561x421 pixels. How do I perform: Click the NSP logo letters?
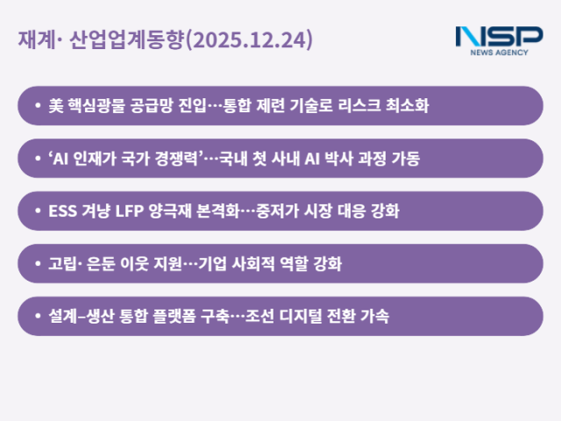point(499,36)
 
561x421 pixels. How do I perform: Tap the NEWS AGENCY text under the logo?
point(499,53)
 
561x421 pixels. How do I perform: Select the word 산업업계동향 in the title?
point(137,41)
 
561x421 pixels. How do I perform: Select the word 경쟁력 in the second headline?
point(177,159)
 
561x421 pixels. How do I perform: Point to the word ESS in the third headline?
point(62,211)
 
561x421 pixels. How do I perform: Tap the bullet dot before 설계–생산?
point(37,316)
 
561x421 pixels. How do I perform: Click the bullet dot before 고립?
point(37,263)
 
